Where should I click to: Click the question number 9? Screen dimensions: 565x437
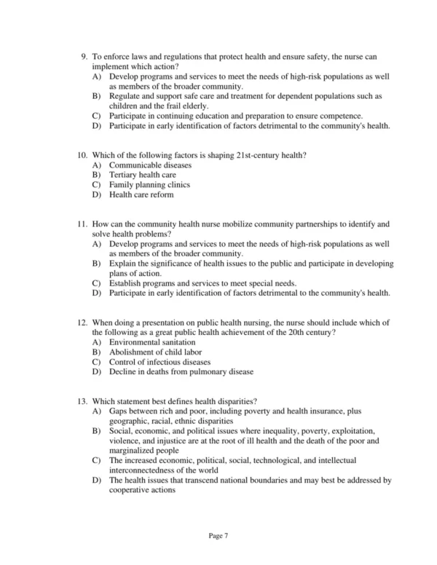point(84,56)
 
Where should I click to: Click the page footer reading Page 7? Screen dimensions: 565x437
point(219,537)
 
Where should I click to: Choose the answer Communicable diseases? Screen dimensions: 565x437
point(150,165)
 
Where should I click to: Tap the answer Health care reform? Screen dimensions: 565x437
point(141,195)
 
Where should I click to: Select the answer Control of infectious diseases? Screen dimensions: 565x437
point(160,362)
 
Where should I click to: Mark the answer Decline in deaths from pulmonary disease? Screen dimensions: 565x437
point(181,372)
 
